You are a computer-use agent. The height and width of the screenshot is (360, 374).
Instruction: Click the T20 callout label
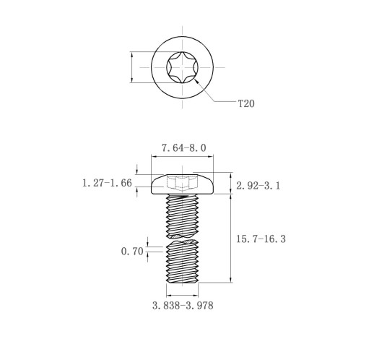(246, 103)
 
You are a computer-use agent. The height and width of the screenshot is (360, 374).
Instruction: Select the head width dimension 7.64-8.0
(183, 147)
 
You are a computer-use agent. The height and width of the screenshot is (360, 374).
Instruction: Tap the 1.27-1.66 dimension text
(107, 183)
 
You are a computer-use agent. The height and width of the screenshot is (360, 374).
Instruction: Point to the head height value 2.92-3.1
(258, 186)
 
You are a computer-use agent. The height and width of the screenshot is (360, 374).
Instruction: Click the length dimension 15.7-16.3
(261, 239)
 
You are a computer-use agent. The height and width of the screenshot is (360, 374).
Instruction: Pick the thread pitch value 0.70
(132, 252)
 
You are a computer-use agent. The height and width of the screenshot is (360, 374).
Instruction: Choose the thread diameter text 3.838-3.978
(183, 306)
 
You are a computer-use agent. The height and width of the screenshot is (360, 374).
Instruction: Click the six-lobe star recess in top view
(182, 67)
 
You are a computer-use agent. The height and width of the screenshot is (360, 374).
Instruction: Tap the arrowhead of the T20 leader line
(196, 81)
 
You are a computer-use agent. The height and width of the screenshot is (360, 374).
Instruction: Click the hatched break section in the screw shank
(182, 238)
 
